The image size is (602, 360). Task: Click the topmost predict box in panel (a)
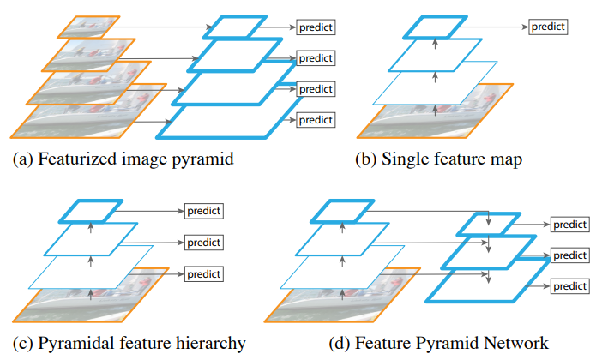coord(316,27)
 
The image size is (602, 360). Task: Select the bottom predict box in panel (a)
coord(316,120)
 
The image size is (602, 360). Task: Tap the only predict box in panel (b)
coord(548,27)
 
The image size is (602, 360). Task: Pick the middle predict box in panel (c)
coord(204,243)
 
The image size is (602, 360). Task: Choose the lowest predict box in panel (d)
coord(570,286)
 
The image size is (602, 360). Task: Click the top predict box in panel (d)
coord(570,224)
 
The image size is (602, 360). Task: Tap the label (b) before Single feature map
coord(365,159)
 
